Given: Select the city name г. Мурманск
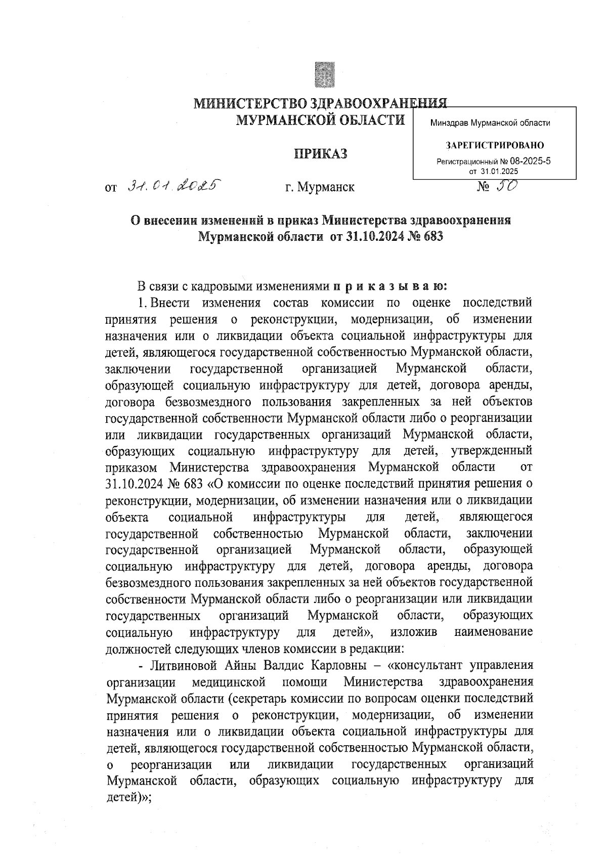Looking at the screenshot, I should tap(320, 188).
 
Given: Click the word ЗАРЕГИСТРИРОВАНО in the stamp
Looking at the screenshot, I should tap(495, 146).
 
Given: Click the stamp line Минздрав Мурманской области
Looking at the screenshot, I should tap(490, 123).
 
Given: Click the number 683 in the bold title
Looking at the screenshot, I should tap(430, 236).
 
